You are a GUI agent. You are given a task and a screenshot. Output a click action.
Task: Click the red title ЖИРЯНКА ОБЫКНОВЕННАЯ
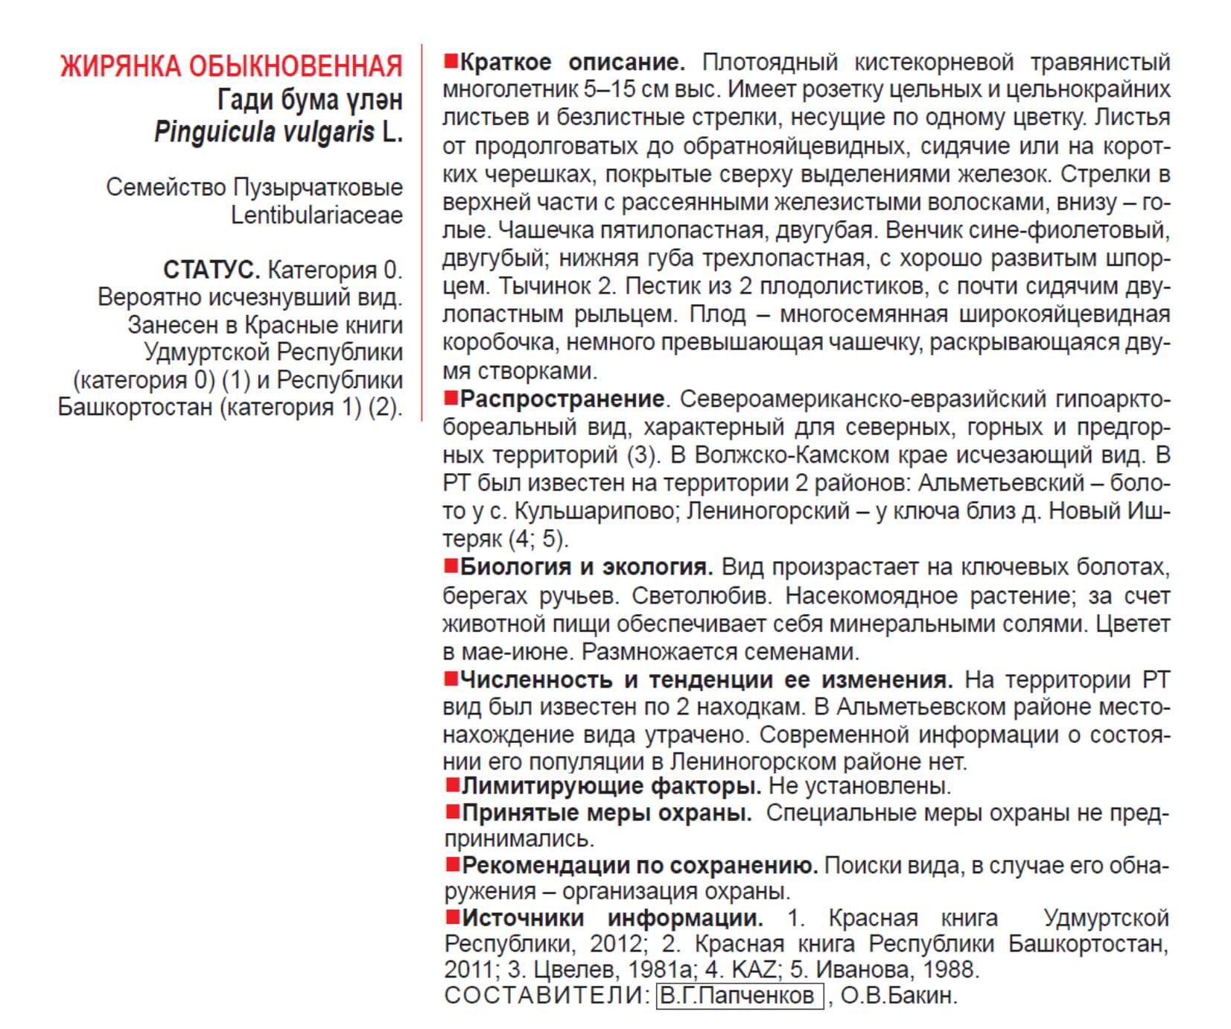coord(231,66)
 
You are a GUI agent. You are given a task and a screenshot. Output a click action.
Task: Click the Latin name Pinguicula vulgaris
coord(264,133)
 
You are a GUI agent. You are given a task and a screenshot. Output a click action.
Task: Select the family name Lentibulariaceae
coord(317,215)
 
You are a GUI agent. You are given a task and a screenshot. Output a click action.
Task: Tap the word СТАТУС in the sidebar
coord(211,270)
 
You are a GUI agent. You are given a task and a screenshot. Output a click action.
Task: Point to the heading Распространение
coord(562,399)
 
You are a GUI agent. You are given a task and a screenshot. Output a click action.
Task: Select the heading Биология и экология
coord(586,568)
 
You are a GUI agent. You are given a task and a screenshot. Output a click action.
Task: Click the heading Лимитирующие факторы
coord(611,786)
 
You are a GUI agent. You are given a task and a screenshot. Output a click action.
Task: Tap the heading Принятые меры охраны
coord(606,813)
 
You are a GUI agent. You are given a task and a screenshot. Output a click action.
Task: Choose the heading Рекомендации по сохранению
coord(640,866)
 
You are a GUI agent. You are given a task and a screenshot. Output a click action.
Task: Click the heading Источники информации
coord(612,918)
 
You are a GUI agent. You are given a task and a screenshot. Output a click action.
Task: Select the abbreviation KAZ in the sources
coord(753,970)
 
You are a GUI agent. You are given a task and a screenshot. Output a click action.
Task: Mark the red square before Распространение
coord(451,398)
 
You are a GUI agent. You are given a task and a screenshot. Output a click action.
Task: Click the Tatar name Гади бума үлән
coord(310,100)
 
